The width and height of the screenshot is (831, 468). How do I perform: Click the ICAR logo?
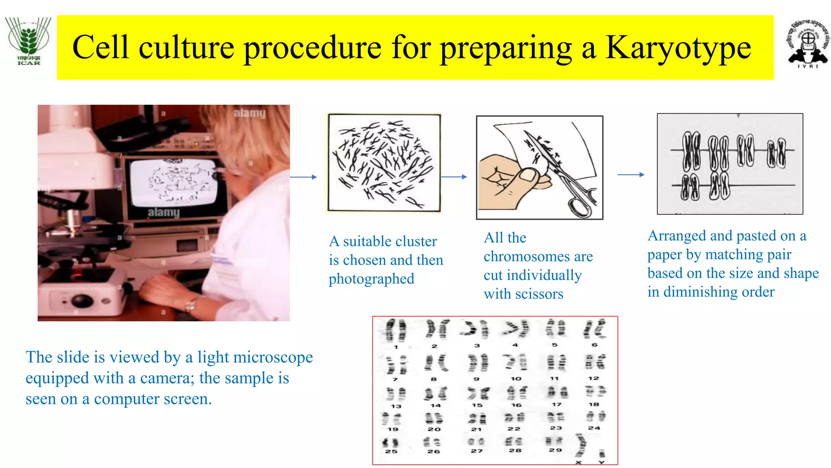point(28,41)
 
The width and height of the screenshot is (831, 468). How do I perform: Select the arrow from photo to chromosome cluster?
point(303,177)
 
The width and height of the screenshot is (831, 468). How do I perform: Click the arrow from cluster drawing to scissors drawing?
point(454,177)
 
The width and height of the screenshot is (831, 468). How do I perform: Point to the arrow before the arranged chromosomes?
point(631,175)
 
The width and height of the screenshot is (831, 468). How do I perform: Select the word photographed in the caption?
point(371,279)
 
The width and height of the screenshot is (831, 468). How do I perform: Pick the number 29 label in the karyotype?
point(555,450)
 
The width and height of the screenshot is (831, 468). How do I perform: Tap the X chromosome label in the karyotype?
point(579,462)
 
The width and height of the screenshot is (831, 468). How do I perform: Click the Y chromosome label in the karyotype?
point(601,462)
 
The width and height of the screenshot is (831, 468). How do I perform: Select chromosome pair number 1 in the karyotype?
point(395,330)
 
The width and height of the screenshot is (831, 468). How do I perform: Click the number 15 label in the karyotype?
point(477,405)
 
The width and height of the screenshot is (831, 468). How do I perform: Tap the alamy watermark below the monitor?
point(164,212)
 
